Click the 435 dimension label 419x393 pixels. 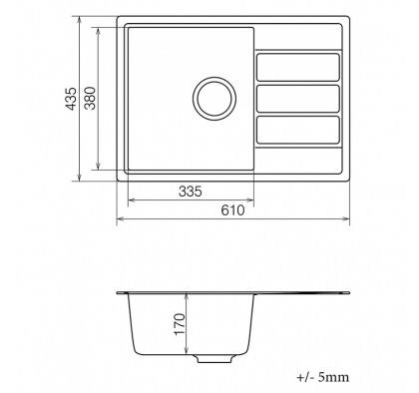tap(71, 99)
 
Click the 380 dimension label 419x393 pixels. tap(90, 98)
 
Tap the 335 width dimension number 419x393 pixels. tap(191, 192)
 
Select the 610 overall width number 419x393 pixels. tap(232, 210)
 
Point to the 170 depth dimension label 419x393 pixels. tap(180, 324)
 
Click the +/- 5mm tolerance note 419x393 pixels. tap(322, 377)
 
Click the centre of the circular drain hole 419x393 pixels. tap(214, 99)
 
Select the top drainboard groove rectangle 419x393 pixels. tap(298, 67)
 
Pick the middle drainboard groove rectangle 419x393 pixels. tap(298, 99)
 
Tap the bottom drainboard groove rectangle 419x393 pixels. tap(298, 130)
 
